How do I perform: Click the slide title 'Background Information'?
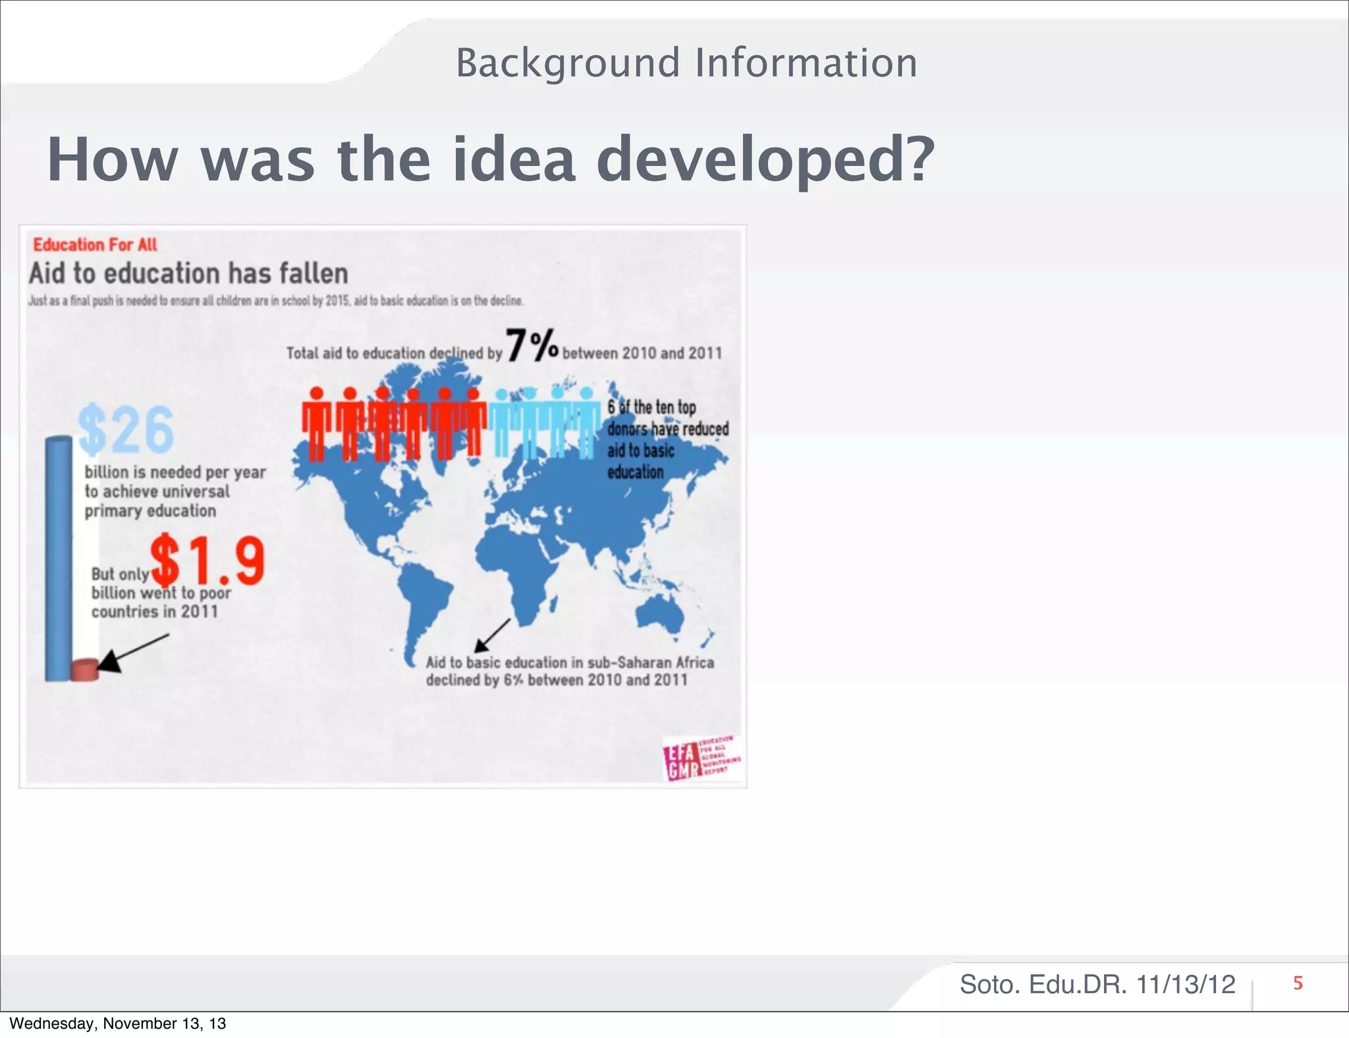click(686, 63)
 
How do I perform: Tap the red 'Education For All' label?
click(95, 245)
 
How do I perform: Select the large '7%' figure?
click(532, 346)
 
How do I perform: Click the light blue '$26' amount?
click(126, 429)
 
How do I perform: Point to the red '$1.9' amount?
click(207, 560)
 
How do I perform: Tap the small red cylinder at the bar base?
click(84, 670)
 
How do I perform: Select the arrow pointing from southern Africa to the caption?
click(493, 635)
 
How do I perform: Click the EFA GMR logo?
click(701, 758)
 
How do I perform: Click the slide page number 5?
click(1298, 983)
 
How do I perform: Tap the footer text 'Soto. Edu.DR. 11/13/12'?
click(1097, 985)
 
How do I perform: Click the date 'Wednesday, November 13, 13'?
click(117, 1024)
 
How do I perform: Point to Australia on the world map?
click(659, 616)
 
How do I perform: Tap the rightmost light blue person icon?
click(586, 423)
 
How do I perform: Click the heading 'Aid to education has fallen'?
click(188, 273)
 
